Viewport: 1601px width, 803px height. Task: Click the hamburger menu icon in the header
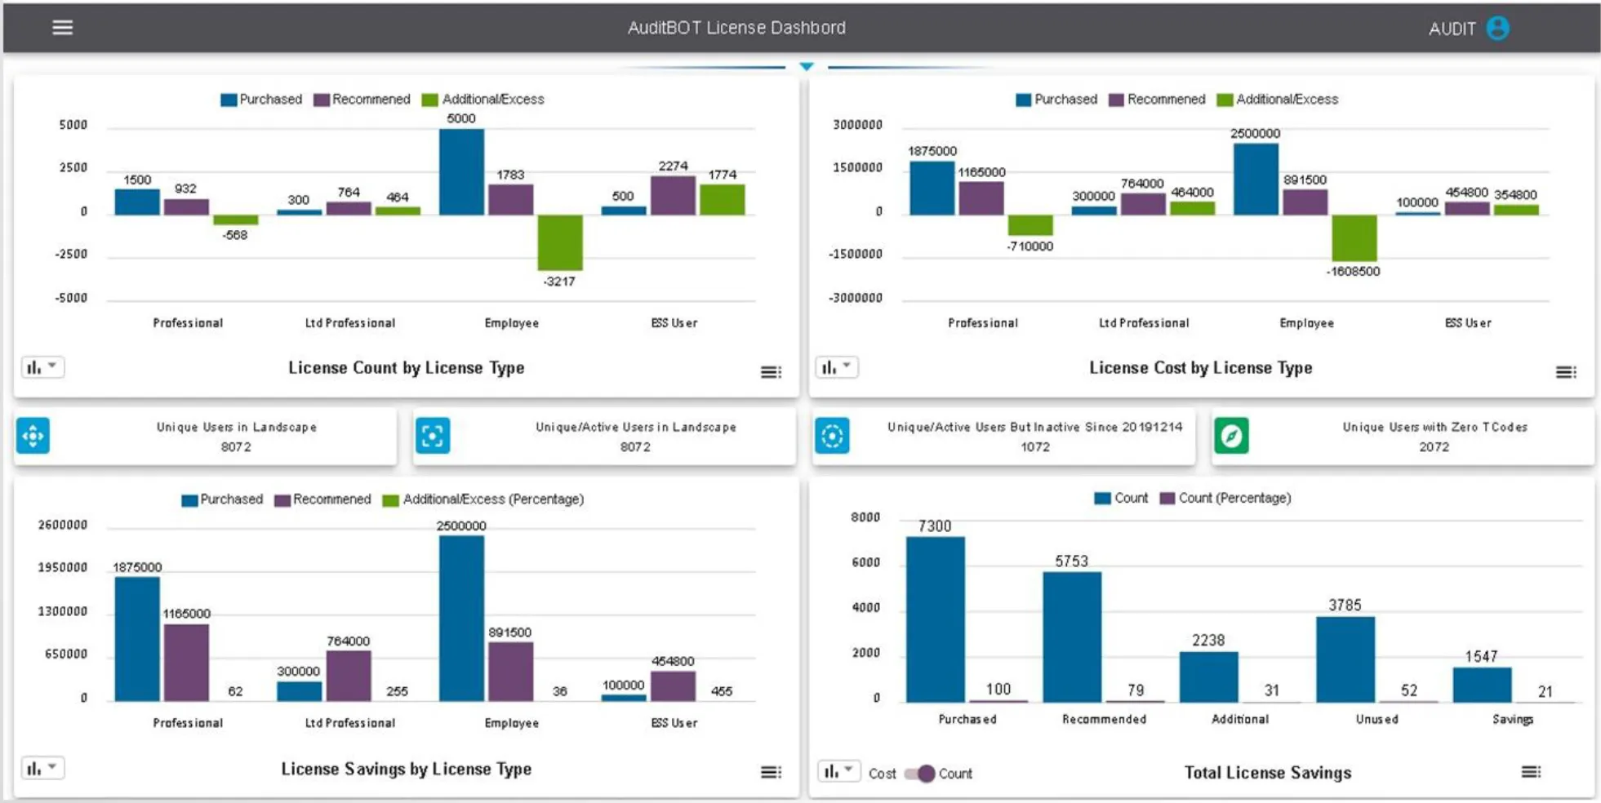tap(62, 28)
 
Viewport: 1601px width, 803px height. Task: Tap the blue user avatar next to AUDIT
tap(1497, 29)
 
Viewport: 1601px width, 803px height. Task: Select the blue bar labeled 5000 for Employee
tap(461, 172)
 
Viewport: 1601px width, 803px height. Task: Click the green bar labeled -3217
tap(559, 242)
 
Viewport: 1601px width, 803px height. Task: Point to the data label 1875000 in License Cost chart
tap(932, 151)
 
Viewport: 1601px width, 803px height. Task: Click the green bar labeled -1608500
tap(1354, 237)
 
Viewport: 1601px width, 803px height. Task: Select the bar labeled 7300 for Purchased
tap(935, 619)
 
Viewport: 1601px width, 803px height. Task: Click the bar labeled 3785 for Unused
tap(1345, 659)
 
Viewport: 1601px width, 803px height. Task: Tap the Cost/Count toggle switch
tap(920, 773)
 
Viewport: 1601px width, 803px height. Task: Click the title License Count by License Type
tap(406, 368)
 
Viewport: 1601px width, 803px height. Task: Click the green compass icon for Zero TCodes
tap(1231, 436)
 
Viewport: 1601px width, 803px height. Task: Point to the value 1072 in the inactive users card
tap(1034, 447)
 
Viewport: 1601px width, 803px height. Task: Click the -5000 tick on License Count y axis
tap(71, 298)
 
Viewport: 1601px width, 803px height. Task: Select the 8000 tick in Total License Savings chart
tap(865, 517)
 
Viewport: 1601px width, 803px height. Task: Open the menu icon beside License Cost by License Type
tap(1565, 372)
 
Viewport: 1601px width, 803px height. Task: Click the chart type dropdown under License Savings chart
tap(42, 768)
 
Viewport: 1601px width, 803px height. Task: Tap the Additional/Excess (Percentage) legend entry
tap(483, 499)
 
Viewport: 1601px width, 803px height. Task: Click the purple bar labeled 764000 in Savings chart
tap(349, 676)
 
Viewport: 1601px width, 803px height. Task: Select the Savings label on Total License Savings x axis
tap(1512, 719)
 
